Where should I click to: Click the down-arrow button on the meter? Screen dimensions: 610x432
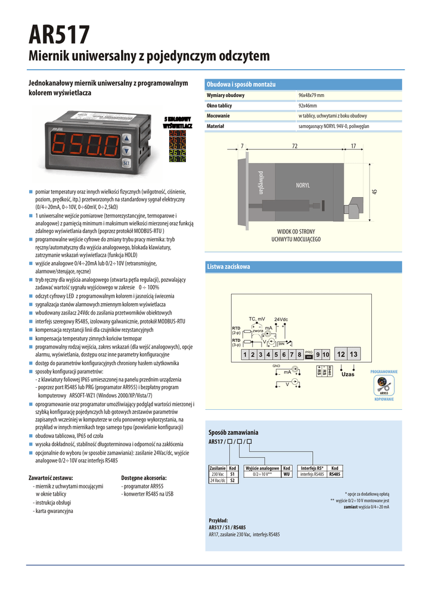click(126, 151)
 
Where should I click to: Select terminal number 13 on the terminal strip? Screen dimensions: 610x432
click(353, 354)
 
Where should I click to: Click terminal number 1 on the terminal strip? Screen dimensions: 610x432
click(245, 355)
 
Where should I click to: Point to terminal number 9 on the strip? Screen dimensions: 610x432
click(318, 355)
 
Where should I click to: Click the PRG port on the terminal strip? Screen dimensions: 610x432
click(309, 354)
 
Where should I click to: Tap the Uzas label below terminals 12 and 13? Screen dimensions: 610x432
click(348, 374)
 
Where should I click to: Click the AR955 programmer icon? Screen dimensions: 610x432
click(384, 385)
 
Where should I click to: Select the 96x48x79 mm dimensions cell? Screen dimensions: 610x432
click(311, 95)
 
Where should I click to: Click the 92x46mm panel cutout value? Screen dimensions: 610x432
click(308, 105)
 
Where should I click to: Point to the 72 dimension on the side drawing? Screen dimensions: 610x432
click(294, 146)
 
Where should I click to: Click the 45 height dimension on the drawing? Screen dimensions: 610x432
click(375, 191)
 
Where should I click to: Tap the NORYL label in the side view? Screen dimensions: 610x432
click(303, 185)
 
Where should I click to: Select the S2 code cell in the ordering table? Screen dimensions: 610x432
click(233, 480)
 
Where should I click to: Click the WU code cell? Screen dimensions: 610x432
click(286, 474)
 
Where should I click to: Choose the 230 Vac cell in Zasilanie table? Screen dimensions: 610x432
click(217, 474)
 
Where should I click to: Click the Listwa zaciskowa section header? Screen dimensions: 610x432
click(228, 266)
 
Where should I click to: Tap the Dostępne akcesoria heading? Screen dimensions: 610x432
click(144, 477)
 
